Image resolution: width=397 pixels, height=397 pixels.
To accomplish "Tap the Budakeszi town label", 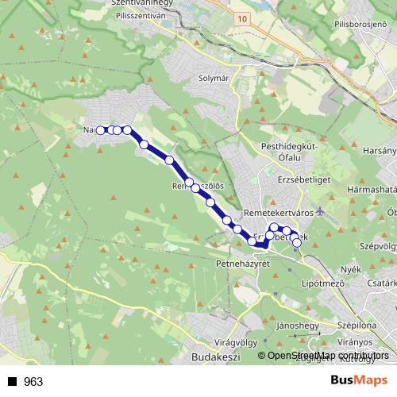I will pos(216,358).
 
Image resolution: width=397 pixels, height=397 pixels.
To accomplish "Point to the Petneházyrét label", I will pos(243,263).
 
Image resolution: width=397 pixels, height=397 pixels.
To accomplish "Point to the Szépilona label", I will pos(356,326).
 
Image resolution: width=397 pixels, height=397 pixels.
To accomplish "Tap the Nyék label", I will pos(349,270).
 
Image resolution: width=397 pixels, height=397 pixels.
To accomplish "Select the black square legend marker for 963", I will pos(10,382).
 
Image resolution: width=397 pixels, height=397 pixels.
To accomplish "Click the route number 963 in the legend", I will pos(33,382).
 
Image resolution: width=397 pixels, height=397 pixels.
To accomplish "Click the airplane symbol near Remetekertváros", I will pos(319,211).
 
